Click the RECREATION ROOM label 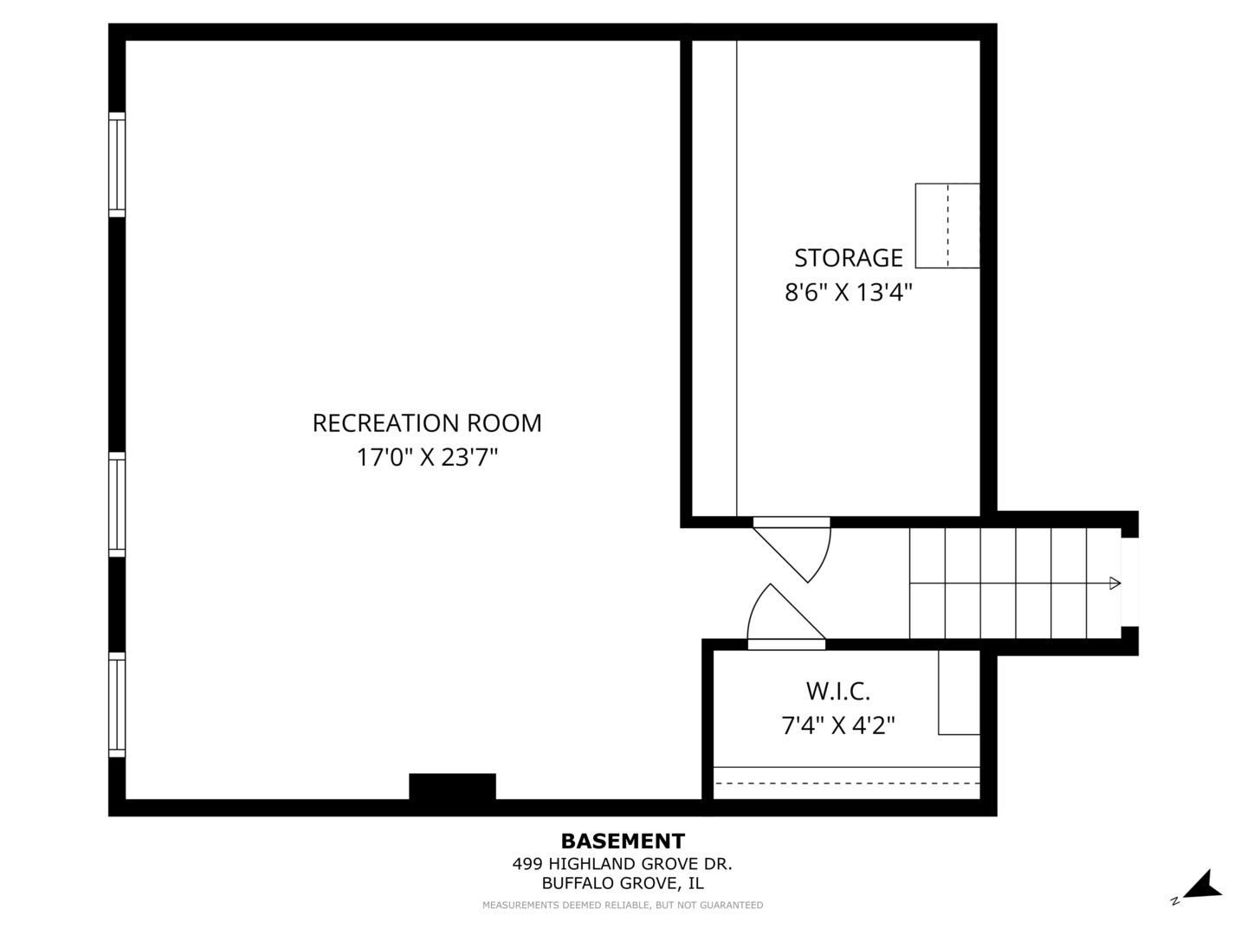427,423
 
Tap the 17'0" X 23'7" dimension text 427,457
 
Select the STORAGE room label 848,258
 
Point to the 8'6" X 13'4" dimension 848,293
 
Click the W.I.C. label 838,691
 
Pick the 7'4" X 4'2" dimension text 838,725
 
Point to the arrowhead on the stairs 1115,583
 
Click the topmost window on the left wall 117,164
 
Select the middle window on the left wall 117,505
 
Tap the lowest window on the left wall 117,705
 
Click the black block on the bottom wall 452,786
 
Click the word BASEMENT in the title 623,841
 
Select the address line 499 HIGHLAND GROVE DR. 622,863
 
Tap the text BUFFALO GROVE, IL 623,883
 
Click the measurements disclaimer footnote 623,905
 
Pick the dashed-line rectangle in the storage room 947,225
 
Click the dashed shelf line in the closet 847,783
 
